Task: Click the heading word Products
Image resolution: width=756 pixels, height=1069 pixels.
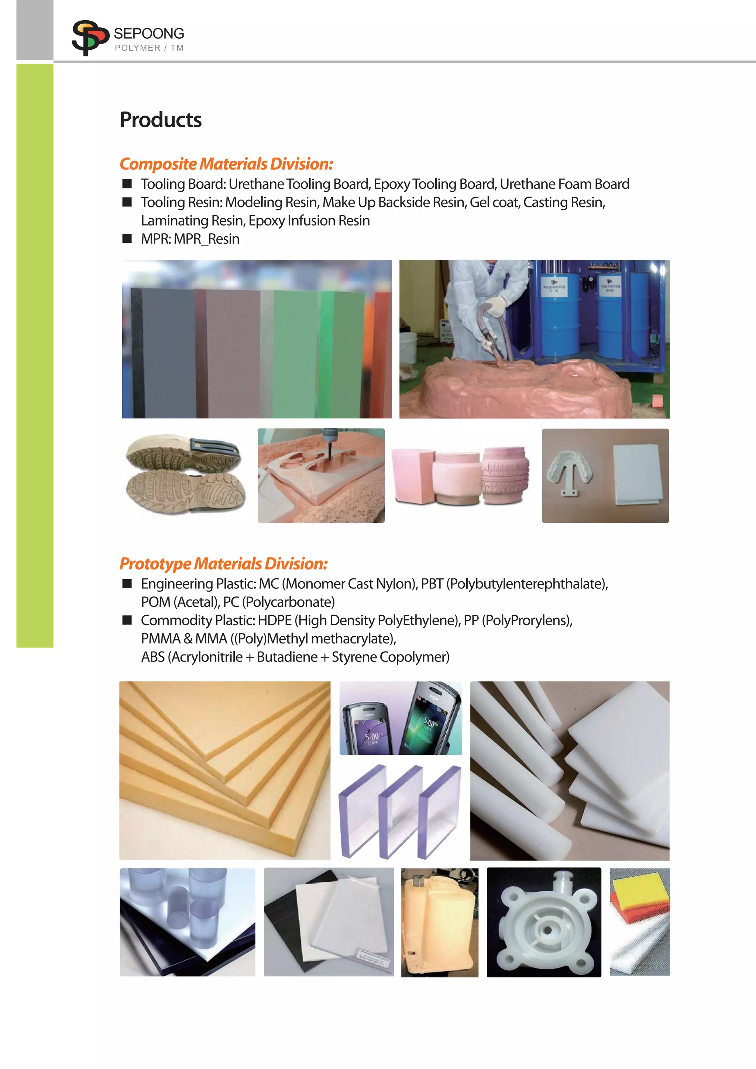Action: (x=161, y=120)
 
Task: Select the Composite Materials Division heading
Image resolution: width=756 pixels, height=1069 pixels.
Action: (x=226, y=164)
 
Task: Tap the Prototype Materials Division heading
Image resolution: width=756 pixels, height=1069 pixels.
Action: (x=223, y=563)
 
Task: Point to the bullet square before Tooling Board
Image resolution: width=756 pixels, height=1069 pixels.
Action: (x=127, y=183)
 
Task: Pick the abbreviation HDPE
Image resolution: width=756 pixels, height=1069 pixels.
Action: (x=275, y=620)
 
